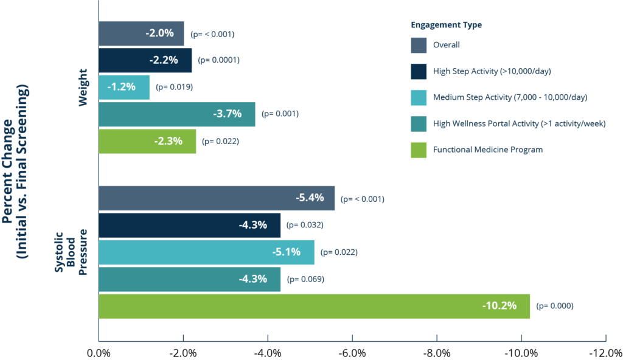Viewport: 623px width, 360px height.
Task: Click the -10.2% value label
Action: point(499,306)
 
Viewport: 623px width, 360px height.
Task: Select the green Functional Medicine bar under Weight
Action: point(147,141)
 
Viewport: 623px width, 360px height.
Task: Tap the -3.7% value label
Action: point(227,114)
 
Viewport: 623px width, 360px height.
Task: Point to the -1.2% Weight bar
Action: point(124,87)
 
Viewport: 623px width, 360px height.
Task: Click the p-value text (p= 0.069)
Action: point(305,279)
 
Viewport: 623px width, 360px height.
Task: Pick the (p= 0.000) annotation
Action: point(554,306)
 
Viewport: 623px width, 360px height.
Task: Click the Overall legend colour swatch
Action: point(419,45)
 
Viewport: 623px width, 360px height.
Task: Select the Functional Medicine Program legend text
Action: point(487,150)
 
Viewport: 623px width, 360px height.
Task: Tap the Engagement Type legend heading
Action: point(446,25)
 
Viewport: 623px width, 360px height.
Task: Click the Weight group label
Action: point(84,87)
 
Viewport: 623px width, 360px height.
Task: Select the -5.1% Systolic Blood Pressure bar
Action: point(207,252)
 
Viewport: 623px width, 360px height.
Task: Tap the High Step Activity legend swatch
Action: point(419,71)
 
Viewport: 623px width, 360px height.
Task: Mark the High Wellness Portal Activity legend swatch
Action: point(419,123)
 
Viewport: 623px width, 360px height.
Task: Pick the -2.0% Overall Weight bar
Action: point(141,33)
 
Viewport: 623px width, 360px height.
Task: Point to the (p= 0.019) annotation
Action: point(175,87)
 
